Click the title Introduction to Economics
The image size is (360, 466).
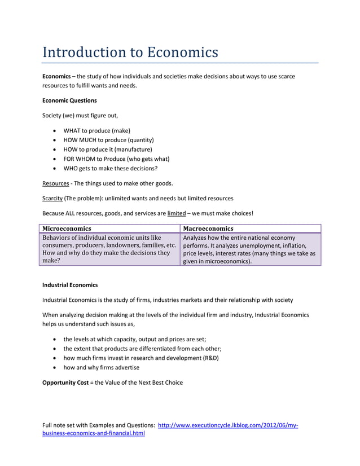130,52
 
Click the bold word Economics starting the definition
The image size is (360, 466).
56,76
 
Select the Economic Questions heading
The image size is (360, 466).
69,100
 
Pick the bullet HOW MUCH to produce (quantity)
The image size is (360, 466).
108,139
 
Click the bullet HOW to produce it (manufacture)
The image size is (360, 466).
108,149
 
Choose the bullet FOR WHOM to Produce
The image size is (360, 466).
116,159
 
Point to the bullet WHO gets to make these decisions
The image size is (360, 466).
110,168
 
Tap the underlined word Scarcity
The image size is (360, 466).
52,198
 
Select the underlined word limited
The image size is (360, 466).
177,213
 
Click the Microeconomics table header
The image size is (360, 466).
67,228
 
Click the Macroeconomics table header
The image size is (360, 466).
208,228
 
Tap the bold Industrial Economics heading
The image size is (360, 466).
70,285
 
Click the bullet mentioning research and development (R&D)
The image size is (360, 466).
141,358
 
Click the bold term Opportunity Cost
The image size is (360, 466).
65,383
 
